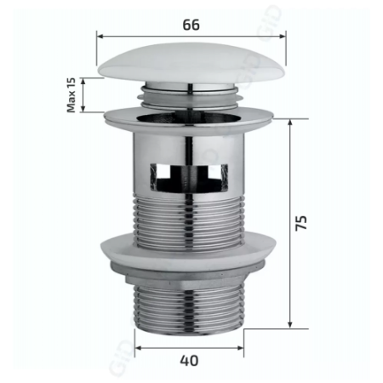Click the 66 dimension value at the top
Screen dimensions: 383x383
191,25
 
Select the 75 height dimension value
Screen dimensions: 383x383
302,222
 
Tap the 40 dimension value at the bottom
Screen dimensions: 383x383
189,360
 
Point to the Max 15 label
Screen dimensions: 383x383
71,95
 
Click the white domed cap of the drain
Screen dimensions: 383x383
191,64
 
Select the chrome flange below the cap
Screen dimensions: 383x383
191,113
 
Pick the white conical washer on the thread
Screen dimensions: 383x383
191,252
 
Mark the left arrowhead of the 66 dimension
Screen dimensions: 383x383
99,37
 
